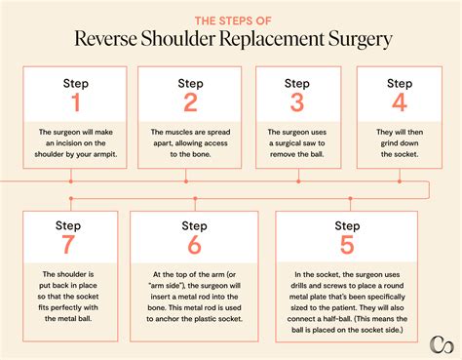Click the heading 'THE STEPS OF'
point(231,17)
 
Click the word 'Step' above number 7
point(69,225)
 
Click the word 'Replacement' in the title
point(279,40)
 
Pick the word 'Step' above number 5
point(347,225)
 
